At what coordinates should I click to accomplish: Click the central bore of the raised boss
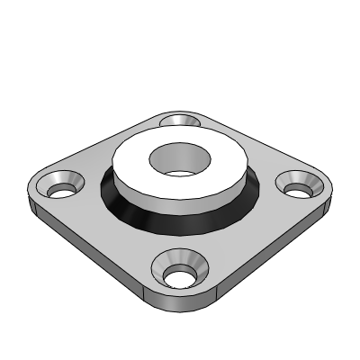coord(177,161)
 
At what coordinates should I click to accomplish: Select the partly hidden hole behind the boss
coord(179,120)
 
